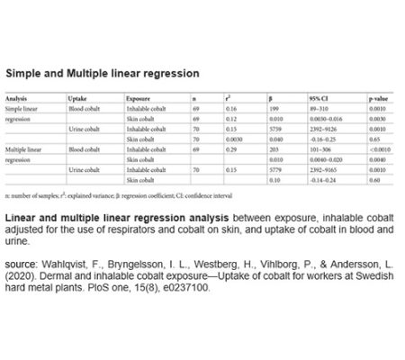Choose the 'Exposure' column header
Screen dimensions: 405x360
[138, 97]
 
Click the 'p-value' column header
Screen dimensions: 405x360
[376, 97]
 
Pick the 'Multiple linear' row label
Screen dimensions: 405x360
[23, 148]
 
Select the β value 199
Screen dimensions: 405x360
[274, 108]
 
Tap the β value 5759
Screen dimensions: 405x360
[276, 129]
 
